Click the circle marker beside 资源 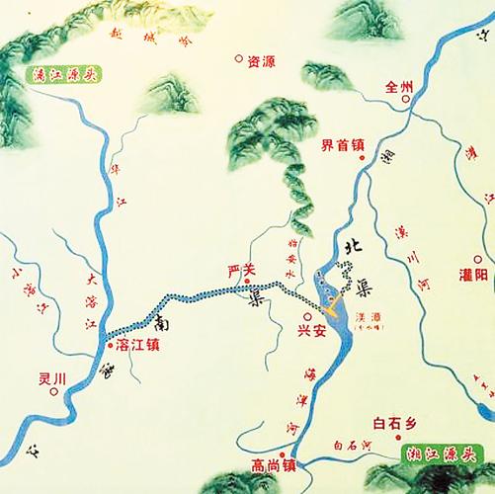tap(238, 58)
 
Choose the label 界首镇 tap(342, 144)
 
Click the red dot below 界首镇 tap(362, 158)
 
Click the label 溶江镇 tap(137, 346)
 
